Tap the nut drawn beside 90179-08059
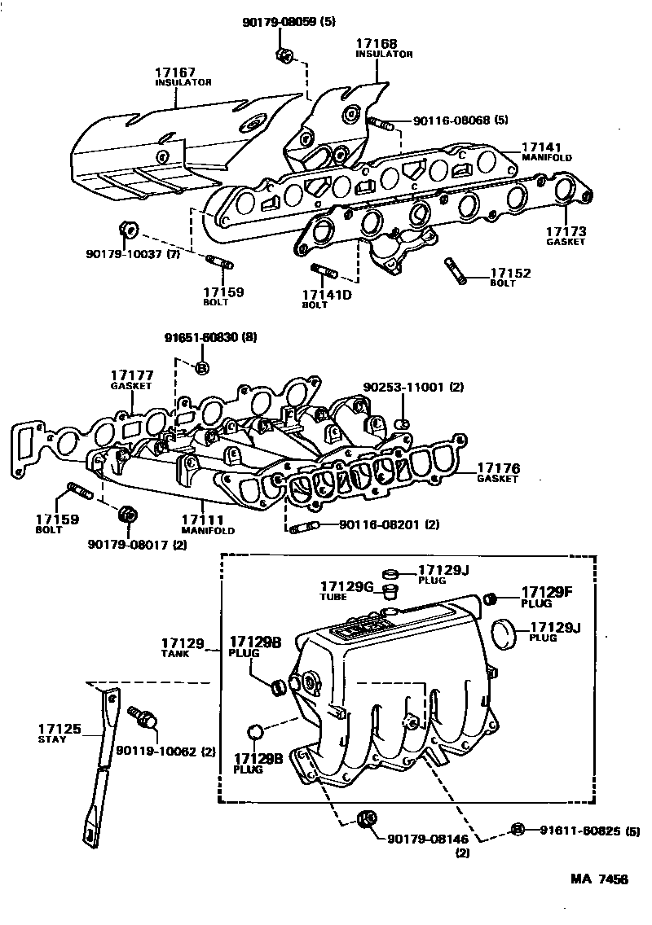point(284,55)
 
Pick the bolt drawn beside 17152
point(455,271)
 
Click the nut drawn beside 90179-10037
point(126,229)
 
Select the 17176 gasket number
point(498,469)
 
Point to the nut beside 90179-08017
point(126,515)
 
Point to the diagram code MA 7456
point(598,880)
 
